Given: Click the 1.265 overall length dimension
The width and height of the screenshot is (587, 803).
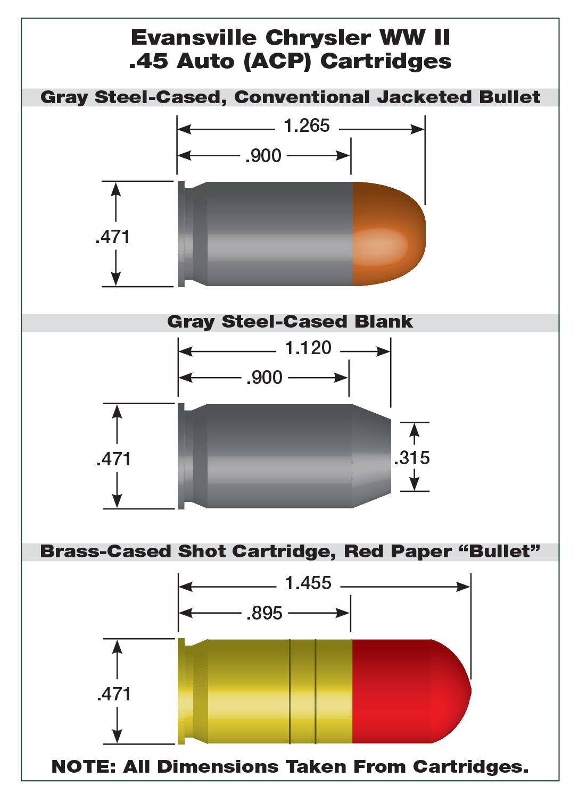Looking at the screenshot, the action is coord(307,126).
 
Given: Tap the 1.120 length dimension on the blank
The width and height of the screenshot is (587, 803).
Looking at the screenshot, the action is coord(308,348).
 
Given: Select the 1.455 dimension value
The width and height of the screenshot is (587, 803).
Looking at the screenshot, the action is coord(308,583).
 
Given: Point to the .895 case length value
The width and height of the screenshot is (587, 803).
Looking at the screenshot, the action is coord(264,613).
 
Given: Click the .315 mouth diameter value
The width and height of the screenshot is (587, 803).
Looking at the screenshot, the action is coord(411,458).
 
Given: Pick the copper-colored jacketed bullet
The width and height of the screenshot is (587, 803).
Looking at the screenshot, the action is coord(389,234).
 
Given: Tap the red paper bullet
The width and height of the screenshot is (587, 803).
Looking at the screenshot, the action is coord(411,691).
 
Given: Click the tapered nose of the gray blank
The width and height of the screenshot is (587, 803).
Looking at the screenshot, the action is coord(371,456).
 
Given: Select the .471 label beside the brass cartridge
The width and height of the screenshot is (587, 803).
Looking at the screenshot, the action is coord(114,695).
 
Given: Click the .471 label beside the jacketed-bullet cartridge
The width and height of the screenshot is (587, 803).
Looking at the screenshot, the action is coord(112,237).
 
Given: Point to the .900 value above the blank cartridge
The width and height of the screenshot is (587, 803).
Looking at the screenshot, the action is coord(264,378).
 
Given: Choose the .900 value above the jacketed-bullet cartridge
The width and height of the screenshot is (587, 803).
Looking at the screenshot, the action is coord(263,156).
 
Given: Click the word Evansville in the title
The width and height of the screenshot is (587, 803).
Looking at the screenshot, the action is coord(194,38).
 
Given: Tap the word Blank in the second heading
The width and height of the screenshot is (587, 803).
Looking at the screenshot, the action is coord(384,322).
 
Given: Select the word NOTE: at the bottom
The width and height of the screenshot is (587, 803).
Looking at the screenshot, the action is coord(83,767).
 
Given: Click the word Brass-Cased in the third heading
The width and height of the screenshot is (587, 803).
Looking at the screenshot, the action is coord(106,551).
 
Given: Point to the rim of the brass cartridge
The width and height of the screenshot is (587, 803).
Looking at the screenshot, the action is coord(181,691).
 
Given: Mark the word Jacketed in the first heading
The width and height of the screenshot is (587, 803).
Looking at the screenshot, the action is coord(424,97).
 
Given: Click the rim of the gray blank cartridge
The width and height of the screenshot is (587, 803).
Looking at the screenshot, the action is coord(181,456).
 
